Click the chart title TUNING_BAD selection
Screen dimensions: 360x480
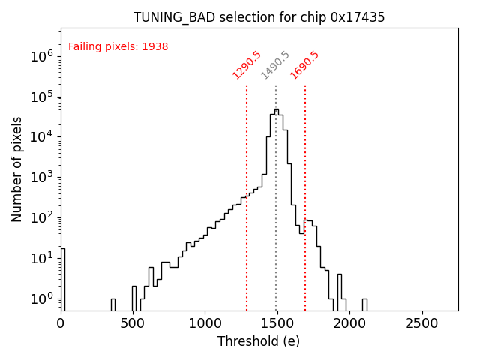pyautogui.click(x=259, y=17)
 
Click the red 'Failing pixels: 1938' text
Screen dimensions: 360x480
pyautogui.click(x=118, y=47)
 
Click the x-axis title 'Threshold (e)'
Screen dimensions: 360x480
pyautogui.click(x=259, y=341)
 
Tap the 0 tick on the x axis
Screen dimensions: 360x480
pyautogui.click(x=61, y=323)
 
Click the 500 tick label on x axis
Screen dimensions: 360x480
pyautogui.click(x=133, y=323)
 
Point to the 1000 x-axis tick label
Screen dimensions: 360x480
pyautogui.click(x=205, y=323)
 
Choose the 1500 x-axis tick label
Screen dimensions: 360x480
pyautogui.click(x=277, y=323)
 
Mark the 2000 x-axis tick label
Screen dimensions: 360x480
pyautogui.click(x=350, y=323)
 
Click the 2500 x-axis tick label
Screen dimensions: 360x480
pyautogui.click(x=422, y=323)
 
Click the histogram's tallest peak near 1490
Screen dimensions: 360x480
pyautogui.click(x=276, y=110)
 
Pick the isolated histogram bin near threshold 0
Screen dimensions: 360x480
pyautogui.click(x=62, y=277)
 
